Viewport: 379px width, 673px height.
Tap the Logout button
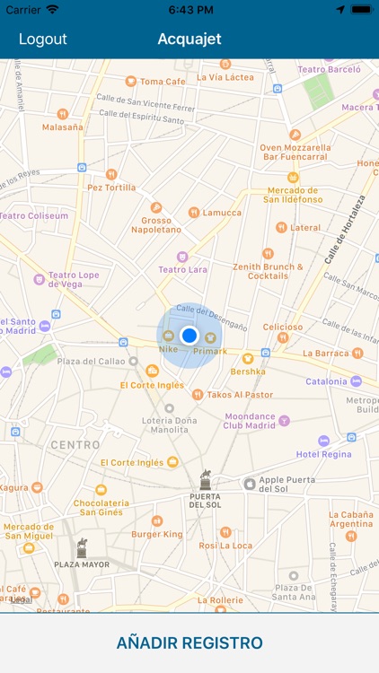43,39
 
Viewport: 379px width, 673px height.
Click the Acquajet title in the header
189,39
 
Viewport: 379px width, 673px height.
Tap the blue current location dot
189,336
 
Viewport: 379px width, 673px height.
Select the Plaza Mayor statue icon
82,547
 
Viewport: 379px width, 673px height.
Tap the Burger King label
156,534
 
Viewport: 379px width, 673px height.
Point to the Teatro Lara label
183,269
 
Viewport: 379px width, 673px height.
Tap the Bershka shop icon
248,358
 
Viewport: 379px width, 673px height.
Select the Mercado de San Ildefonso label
291,194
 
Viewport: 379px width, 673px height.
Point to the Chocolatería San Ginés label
101,508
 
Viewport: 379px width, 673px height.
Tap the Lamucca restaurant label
221,213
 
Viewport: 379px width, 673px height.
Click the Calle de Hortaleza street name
345,230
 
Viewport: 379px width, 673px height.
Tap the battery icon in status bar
361,9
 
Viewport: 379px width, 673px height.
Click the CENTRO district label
75,445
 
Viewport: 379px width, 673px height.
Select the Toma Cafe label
163,82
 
